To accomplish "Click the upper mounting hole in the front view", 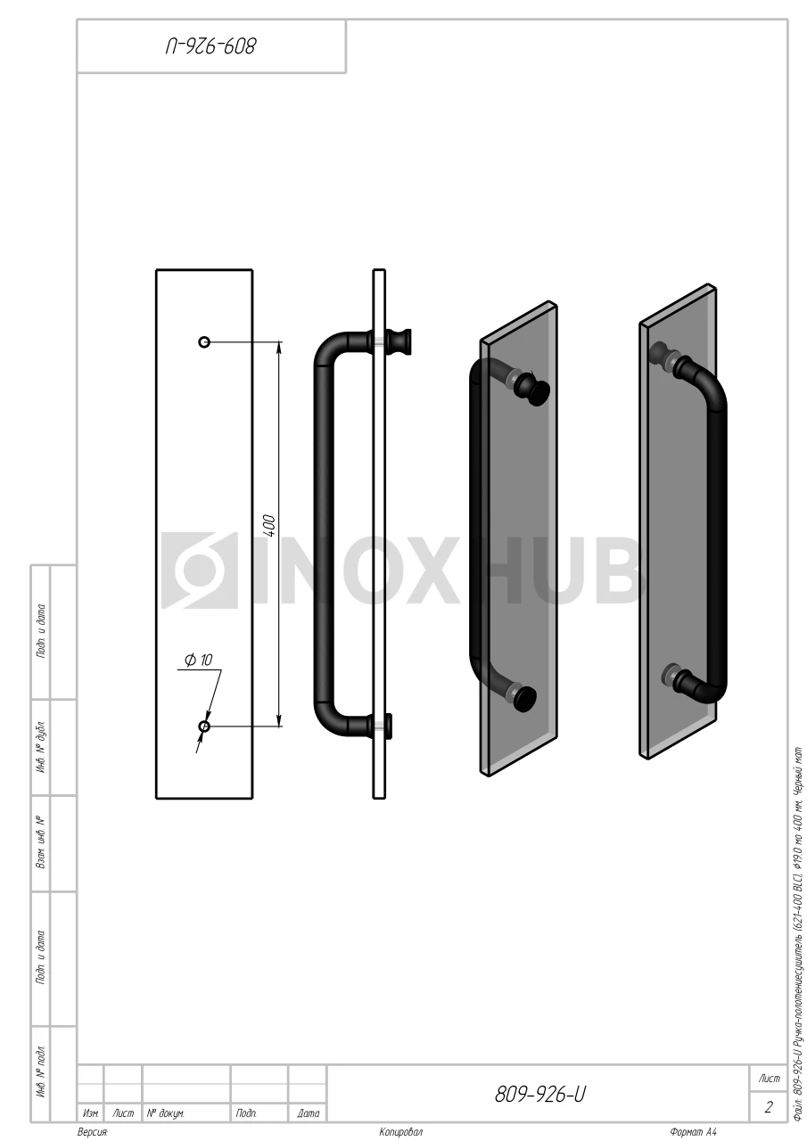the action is [204, 341].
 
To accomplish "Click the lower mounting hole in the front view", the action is [204, 726].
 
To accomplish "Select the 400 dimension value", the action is [270, 526].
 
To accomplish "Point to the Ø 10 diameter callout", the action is [198, 661].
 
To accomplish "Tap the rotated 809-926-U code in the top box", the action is [210, 46].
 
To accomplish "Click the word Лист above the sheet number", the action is [769, 1079].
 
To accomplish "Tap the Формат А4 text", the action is [693, 1132].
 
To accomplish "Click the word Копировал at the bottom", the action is [400, 1132].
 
